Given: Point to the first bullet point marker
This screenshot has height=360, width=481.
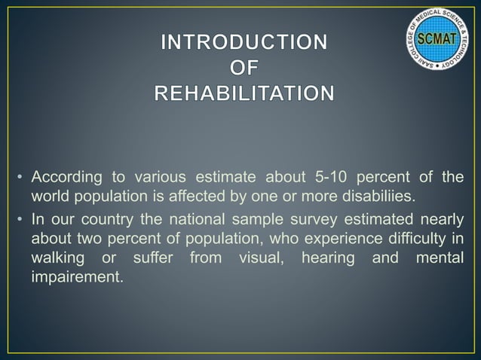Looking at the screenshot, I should pos(20,178).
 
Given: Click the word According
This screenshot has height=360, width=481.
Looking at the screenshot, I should pos(63,178).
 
